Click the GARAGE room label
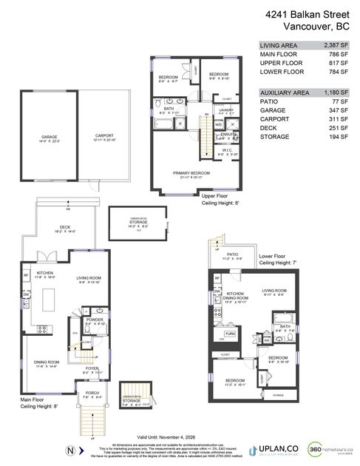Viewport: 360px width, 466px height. coord(50,137)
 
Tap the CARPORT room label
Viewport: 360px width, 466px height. coord(104,137)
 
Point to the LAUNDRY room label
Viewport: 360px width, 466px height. coord(227,109)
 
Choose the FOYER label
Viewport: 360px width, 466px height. coord(92,368)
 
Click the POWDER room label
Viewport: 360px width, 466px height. coord(94,322)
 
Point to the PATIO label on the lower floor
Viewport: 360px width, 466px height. coord(232,254)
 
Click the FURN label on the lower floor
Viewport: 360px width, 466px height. coord(229,334)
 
